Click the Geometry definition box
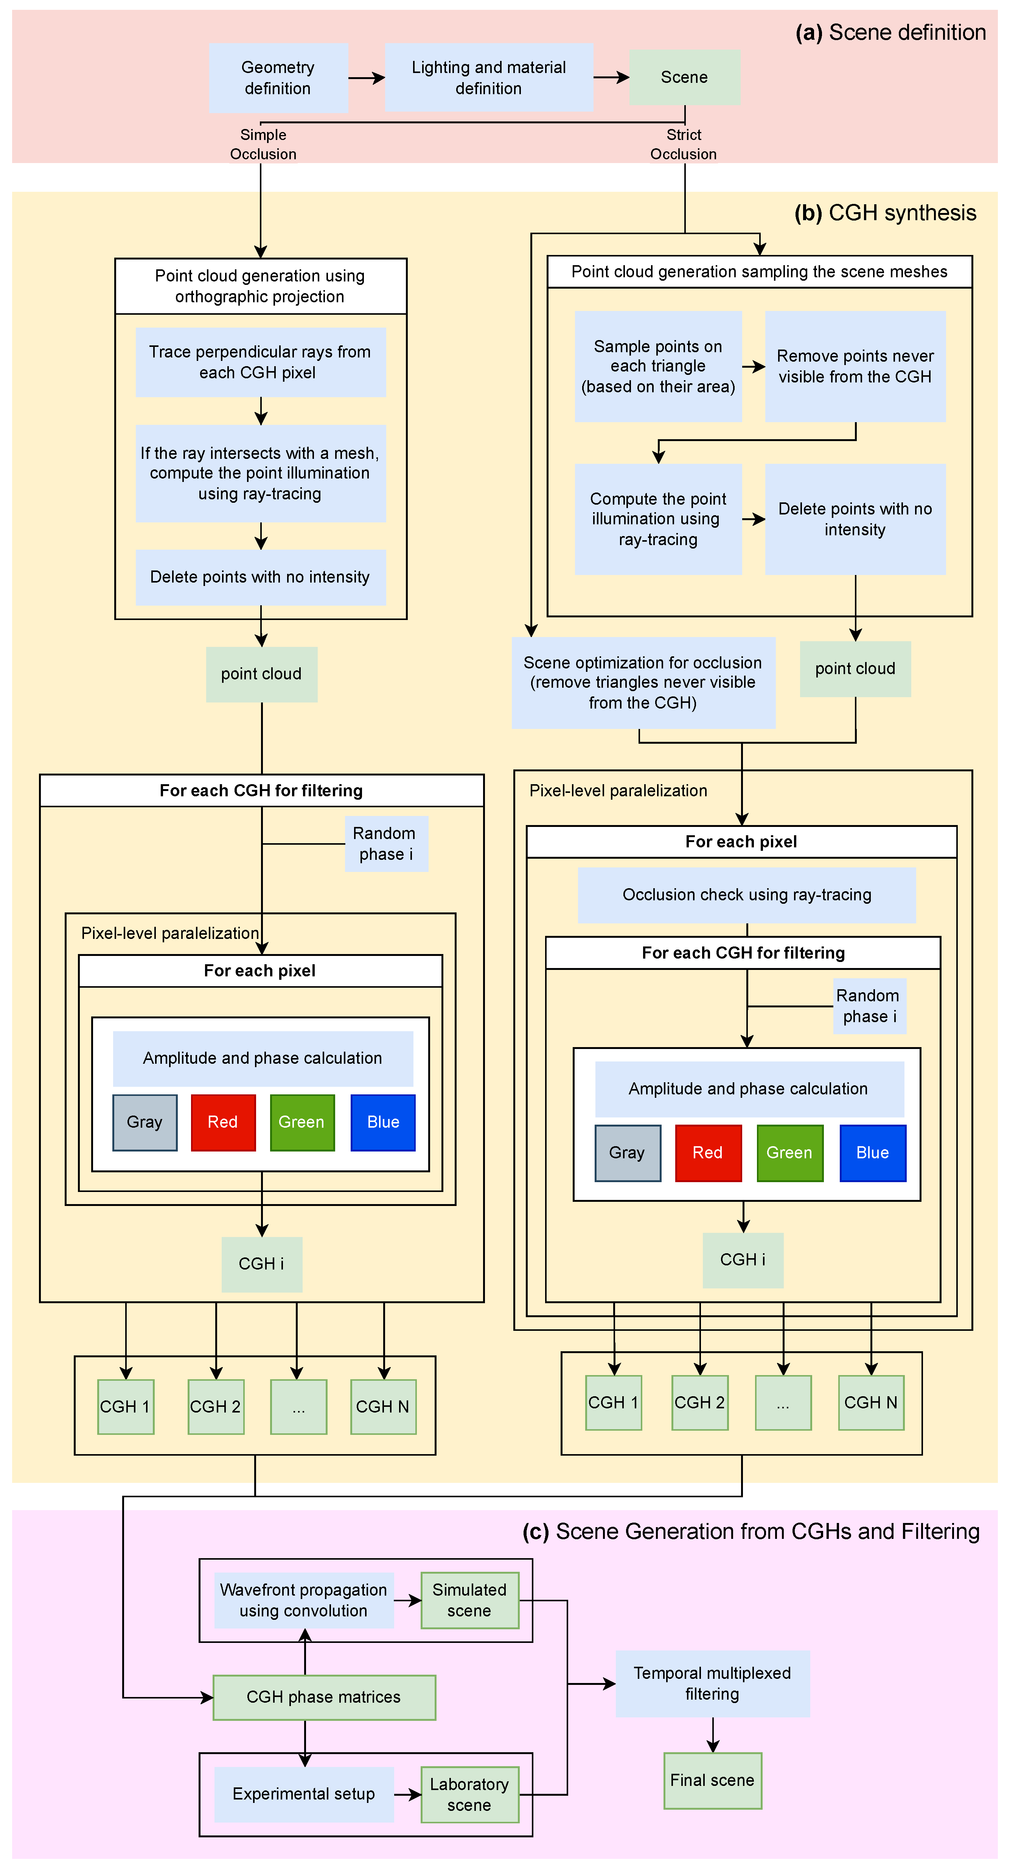tap(278, 78)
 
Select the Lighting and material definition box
tap(489, 78)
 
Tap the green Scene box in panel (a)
tap(684, 78)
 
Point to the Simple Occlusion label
tap(263, 145)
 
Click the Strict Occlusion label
tap(683, 145)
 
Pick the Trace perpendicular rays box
tap(260, 362)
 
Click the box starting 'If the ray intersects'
tap(260, 474)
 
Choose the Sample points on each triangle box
tap(658, 367)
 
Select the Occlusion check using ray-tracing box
tap(746, 895)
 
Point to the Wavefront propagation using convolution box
tap(303, 1600)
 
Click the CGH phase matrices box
tap(324, 1697)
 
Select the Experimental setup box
tap(303, 1794)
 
